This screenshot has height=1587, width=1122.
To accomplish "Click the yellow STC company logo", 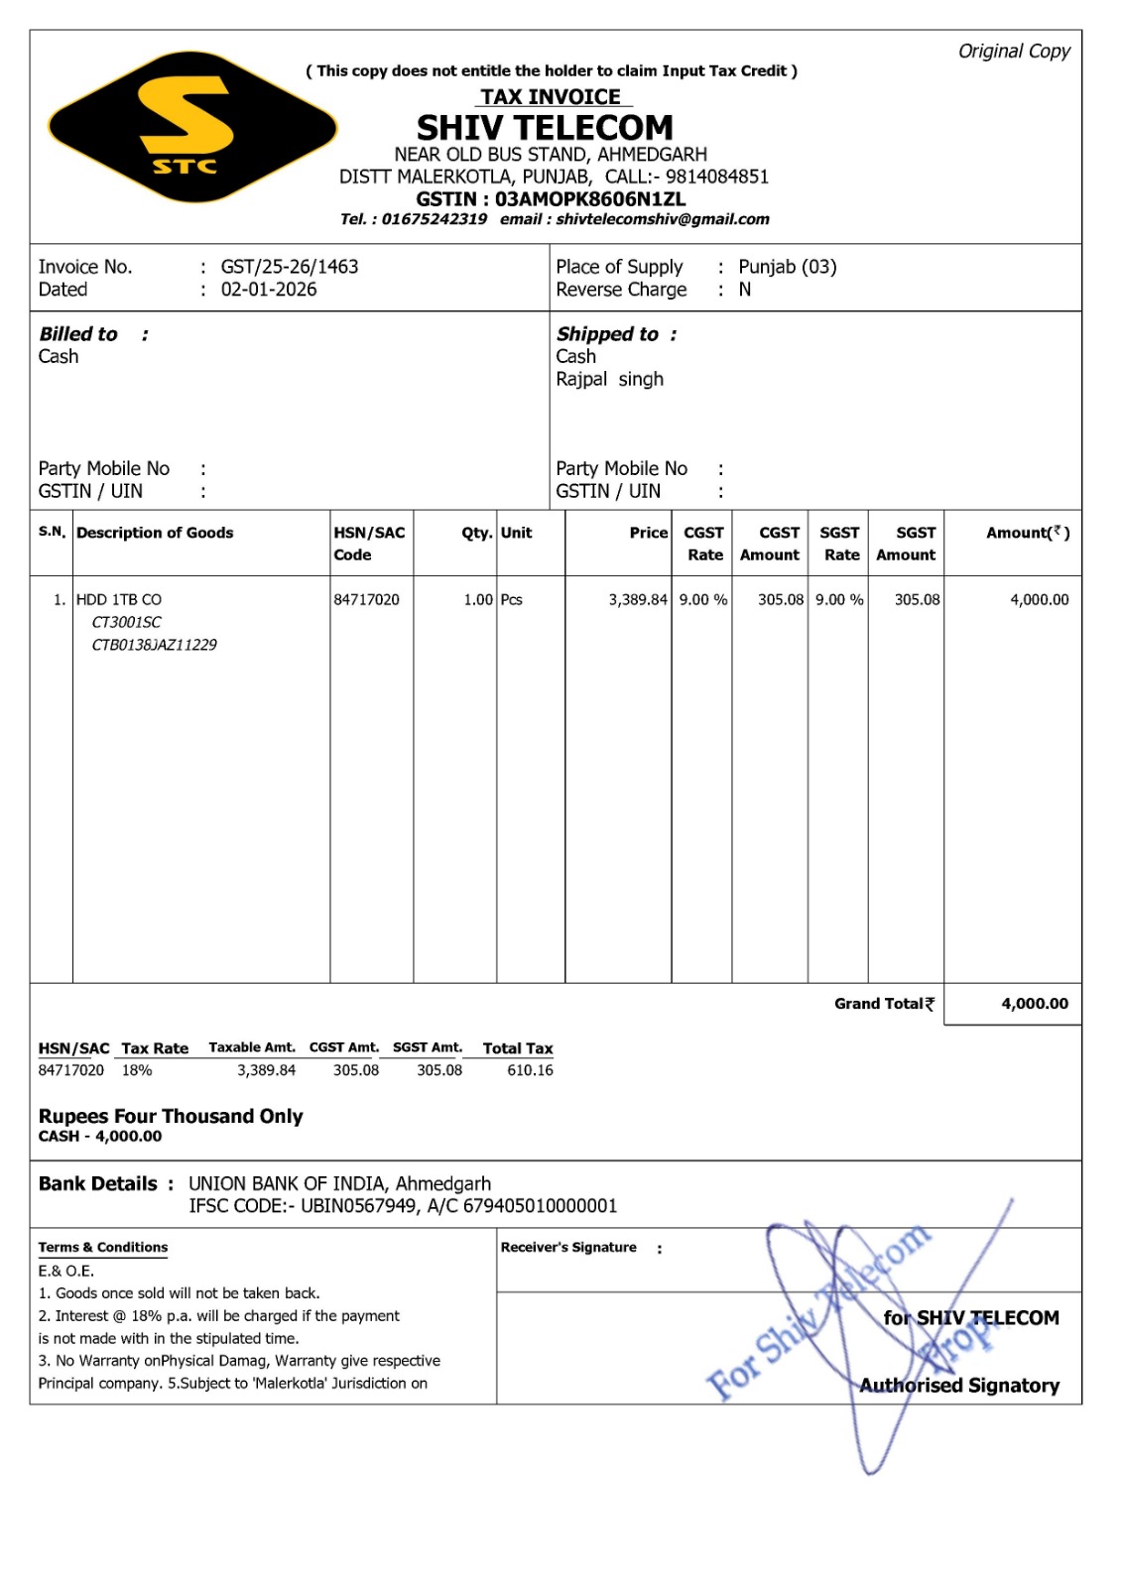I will pos(191,127).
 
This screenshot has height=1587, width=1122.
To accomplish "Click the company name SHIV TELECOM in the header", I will pos(545,128).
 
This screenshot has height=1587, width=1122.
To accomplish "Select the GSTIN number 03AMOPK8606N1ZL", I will pos(590,198).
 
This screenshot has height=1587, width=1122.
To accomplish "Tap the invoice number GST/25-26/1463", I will pos(290,267).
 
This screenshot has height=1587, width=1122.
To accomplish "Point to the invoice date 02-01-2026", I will pos(269,290).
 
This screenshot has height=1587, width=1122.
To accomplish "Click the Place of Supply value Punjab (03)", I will pos(788,267).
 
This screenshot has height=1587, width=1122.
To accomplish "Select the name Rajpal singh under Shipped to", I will pos(609,379).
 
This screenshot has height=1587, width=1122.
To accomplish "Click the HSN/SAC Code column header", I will pos(369,544).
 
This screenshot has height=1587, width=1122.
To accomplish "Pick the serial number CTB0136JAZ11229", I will pos(154,645).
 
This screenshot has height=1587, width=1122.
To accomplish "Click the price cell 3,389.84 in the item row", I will pos(638,600).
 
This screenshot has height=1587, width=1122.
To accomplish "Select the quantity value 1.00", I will pos(478,600).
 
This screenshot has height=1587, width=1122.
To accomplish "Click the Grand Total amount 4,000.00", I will pos(1035,1004).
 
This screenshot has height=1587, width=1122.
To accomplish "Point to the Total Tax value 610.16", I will pos(530,1070).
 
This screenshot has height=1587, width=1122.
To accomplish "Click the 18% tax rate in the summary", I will pos(137,1070).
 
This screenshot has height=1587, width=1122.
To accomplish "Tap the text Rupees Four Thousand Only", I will pos(171,1116).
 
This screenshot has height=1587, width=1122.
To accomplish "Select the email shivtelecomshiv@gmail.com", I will pos(663,219).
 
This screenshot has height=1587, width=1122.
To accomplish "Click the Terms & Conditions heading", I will pos(103,1248).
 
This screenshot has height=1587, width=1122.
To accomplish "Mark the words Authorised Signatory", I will pos(959,1386).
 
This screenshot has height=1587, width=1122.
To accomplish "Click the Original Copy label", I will pos(1014,52).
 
